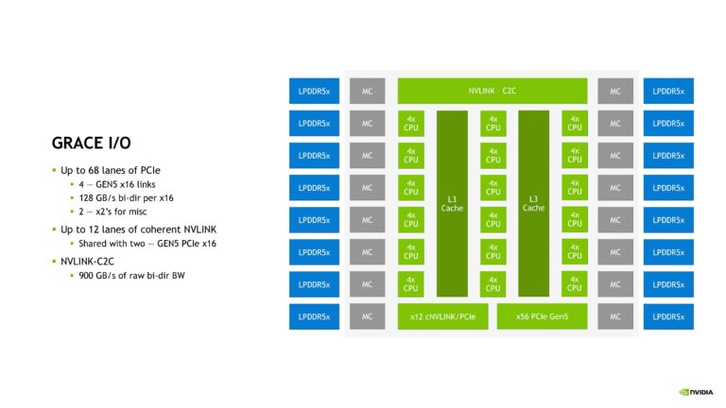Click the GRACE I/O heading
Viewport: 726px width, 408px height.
click(x=91, y=143)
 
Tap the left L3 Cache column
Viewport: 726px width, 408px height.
click(x=452, y=203)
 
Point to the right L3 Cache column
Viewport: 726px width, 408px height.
click(x=533, y=203)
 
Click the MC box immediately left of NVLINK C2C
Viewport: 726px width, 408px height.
click(x=368, y=91)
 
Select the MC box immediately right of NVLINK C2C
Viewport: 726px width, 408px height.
click(x=615, y=91)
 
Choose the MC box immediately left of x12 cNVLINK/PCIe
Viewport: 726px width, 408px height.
click(x=368, y=316)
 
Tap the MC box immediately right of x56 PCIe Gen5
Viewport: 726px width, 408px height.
click(x=615, y=316)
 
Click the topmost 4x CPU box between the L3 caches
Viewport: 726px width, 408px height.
click(x=492, y=123)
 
